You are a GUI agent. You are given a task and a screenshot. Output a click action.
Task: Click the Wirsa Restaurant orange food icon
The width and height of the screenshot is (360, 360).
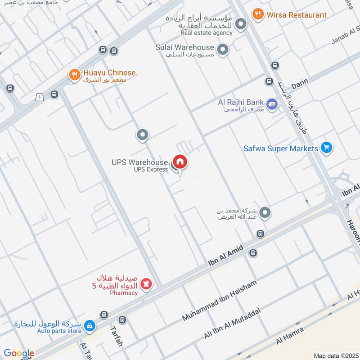point(258,14)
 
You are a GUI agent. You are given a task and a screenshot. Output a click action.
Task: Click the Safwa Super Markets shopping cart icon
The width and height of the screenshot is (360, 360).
point(327,148)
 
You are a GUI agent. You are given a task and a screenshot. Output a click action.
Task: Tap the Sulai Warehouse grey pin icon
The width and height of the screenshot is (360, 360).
point(222,50)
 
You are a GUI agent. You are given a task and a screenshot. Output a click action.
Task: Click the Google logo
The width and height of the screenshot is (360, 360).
point(19,353)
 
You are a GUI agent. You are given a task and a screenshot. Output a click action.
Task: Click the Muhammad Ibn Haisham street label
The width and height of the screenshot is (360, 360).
point(219,301)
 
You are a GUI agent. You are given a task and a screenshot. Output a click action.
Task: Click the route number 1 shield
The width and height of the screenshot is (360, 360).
point(40,97)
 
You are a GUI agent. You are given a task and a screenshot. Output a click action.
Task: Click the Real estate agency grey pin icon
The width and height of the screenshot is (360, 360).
point(241,24)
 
